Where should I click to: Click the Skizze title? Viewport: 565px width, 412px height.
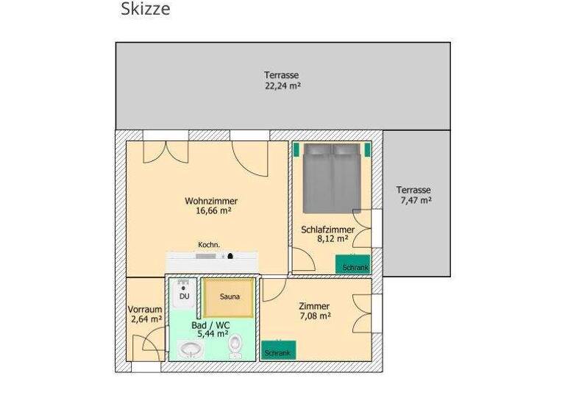pyautogui.click(x=145, y=10)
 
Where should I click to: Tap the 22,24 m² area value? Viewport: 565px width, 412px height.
pyautogui.click(x=282, y=85)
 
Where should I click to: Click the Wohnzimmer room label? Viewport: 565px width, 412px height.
pyautogui.click(x=211, y=201)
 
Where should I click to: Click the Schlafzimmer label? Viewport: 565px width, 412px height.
pyautogui.click(x=327, y=230)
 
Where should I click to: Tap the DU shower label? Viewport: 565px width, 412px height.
pyautogui.click(x=184, y=296)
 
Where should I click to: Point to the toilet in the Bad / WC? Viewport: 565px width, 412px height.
pyautogui.click(x=235, y=345)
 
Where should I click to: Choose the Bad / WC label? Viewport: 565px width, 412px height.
pyautogui.click(x=210, y=324)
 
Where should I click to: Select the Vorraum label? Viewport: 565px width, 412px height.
pyautogui.click(x=144, y=309)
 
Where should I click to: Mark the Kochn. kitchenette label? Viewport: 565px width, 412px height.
pyautogui.click(x=209, y=244)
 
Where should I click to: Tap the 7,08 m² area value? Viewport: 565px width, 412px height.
pyautogui.click(x=314, y=316)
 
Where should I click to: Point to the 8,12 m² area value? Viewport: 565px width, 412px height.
pyautogui.click(x=327, y=239)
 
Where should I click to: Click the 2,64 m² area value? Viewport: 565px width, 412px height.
pyautogui.click(x=146, y=319)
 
